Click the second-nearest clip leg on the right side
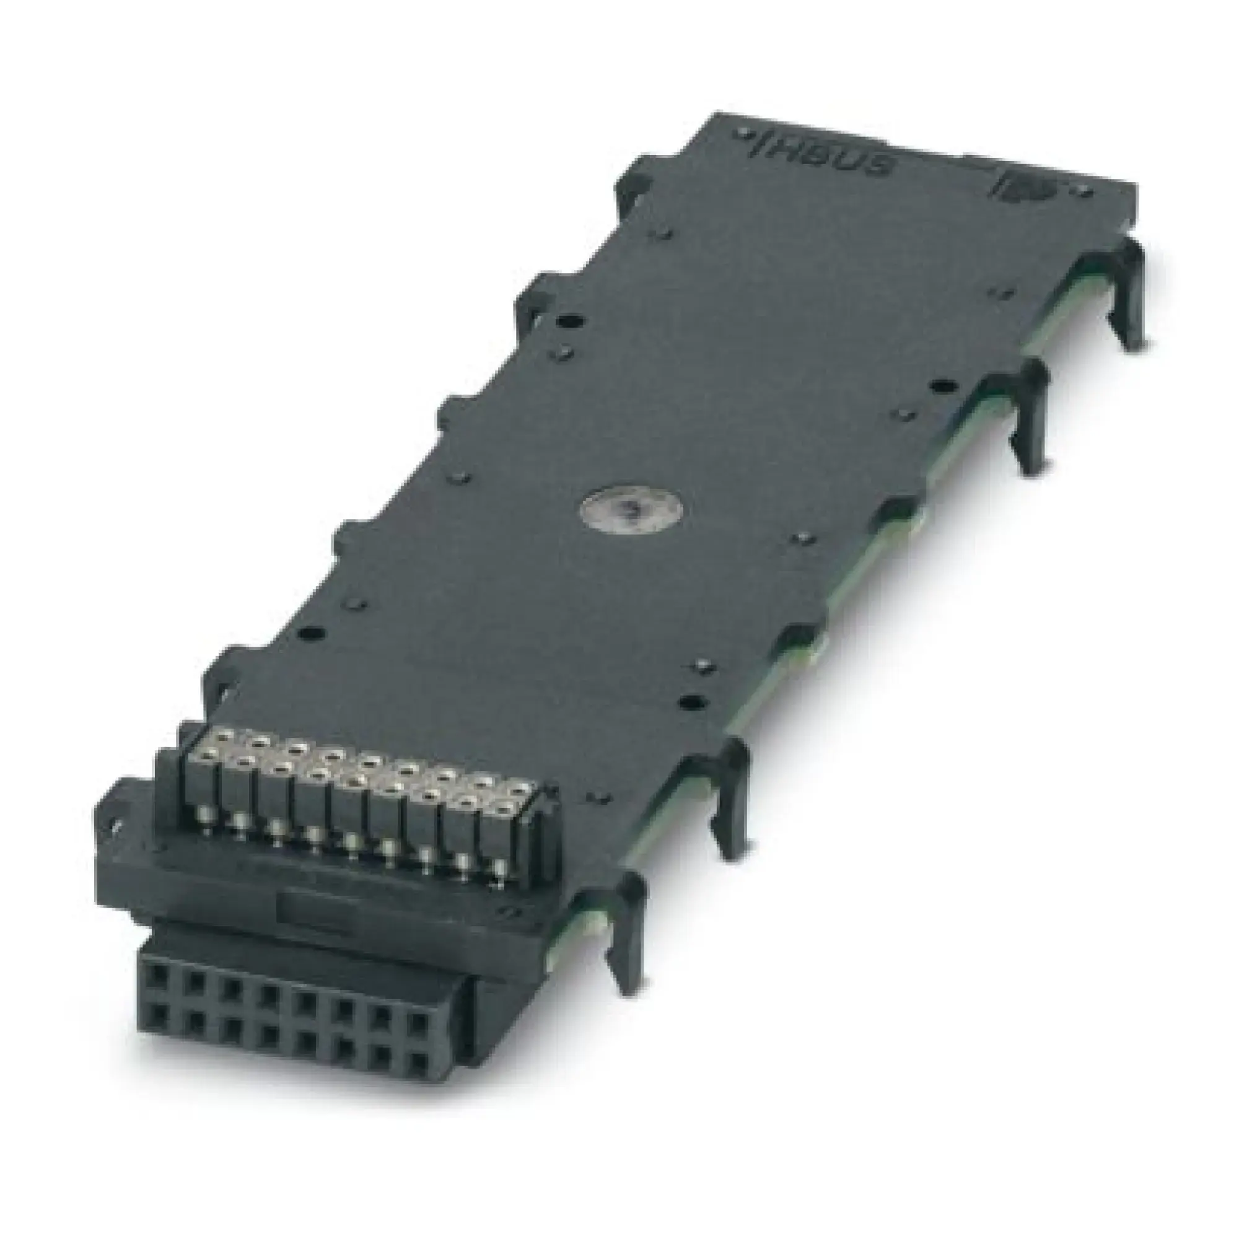click(731, 795)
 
